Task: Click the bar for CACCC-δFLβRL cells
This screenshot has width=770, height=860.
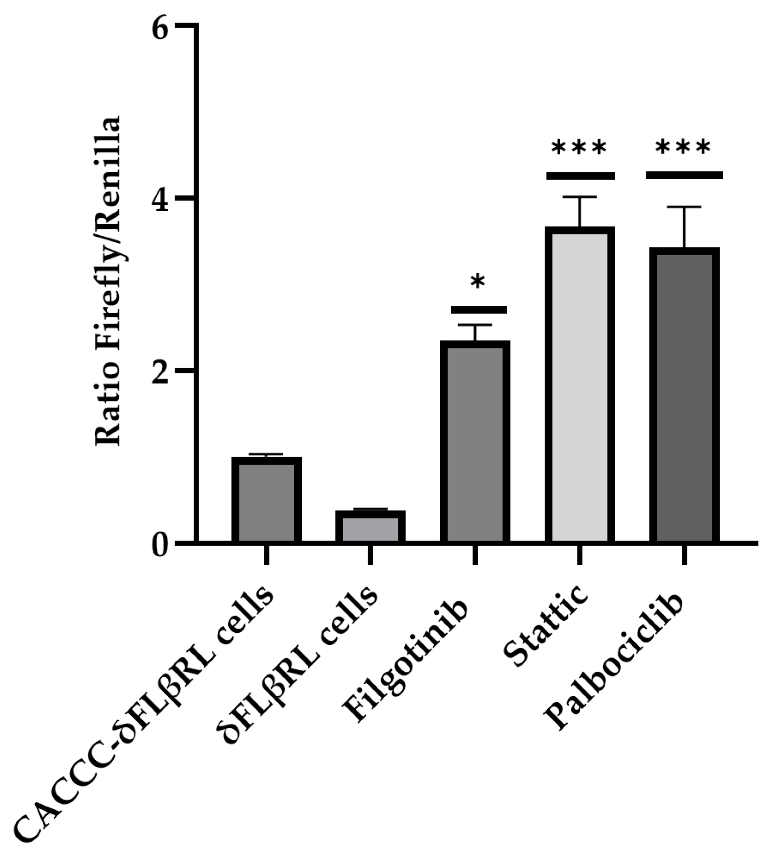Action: point(266,500)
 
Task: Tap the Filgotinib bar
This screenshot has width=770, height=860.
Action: point(475,443)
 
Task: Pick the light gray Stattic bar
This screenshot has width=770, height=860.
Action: point(580,385)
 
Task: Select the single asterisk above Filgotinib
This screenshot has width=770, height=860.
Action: point(477,283)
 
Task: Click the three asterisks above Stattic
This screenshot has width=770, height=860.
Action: point(579,149)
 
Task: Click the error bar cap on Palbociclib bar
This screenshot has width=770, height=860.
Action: point(684,207)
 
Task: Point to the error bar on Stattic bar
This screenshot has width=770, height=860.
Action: point(580,211)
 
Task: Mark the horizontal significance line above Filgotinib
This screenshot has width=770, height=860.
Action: point(478,309)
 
